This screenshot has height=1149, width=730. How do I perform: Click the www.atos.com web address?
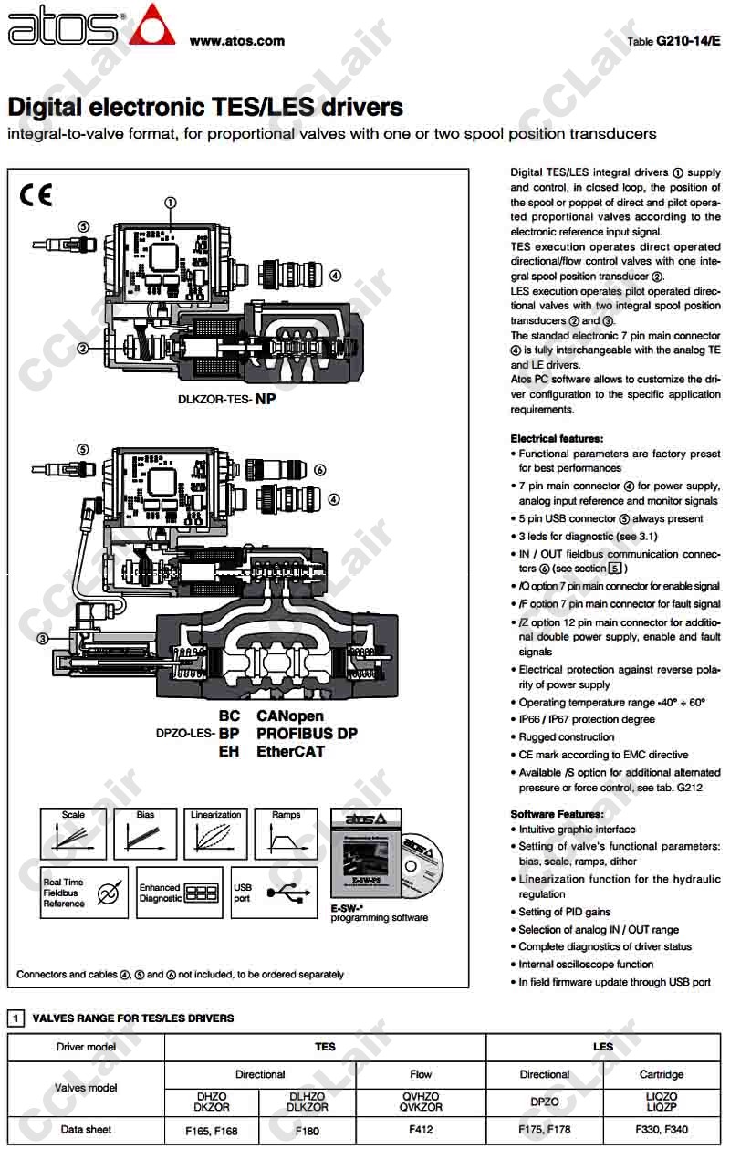tap(236, 40)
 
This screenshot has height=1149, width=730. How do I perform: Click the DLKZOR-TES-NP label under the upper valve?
tap(227, 399)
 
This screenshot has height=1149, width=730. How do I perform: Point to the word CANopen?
tap(290, 716)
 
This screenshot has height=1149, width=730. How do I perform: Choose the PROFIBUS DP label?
tap(307, 734)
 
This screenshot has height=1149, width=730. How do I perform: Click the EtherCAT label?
tap(290, 752)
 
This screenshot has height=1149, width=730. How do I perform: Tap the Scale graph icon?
tap(73, 832)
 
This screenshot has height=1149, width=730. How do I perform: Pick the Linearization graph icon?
tap(216, 832)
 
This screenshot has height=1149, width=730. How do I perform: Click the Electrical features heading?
tap(557, 439)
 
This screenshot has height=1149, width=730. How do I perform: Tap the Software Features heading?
tap(557, 814)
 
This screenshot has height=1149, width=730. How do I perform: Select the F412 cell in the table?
tap(421, 1130)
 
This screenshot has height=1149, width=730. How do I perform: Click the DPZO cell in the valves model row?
tap(545, 1102)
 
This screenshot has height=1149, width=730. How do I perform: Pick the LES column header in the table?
tap(603, 1047)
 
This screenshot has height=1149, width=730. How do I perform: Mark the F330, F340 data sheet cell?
tap(662, 1130)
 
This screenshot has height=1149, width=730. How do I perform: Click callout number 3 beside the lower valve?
tap(42, 639)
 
